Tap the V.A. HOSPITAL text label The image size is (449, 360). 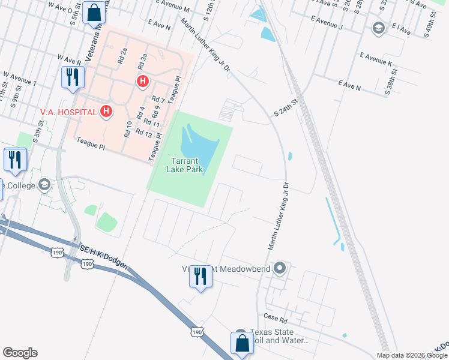click(x=68, y=112)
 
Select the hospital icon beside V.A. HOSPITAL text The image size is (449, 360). click(x=106, y=111)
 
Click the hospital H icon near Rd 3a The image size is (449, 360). click(x=142, y=81)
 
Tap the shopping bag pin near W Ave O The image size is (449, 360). click(x=94, y=13)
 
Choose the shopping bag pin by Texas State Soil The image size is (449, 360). click(x=242, y=344)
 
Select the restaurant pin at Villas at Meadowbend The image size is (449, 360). click(x=200, y=277)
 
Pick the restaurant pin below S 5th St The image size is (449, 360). click(x=15, y=160)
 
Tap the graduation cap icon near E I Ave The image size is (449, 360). click(x=378, y=28)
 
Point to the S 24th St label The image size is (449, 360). click(x=286, y=109)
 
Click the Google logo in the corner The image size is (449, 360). click(x=20, y=353)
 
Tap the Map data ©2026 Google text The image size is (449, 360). click(x=412, y=355)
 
